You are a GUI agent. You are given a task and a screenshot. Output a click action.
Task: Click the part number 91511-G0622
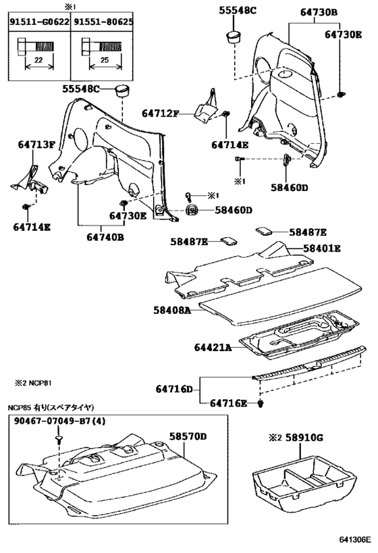pos(38,22)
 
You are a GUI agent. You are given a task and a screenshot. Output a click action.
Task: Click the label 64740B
pos(105,237)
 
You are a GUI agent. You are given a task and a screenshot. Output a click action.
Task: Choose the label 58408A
pos(171,310)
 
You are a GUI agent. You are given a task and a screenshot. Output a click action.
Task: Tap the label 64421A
pos(213,348)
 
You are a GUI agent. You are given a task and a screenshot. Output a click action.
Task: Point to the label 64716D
pos(173,389)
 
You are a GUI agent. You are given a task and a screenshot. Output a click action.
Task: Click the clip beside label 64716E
pos(261,404)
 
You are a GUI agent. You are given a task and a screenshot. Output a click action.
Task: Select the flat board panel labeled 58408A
pos(277,300)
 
